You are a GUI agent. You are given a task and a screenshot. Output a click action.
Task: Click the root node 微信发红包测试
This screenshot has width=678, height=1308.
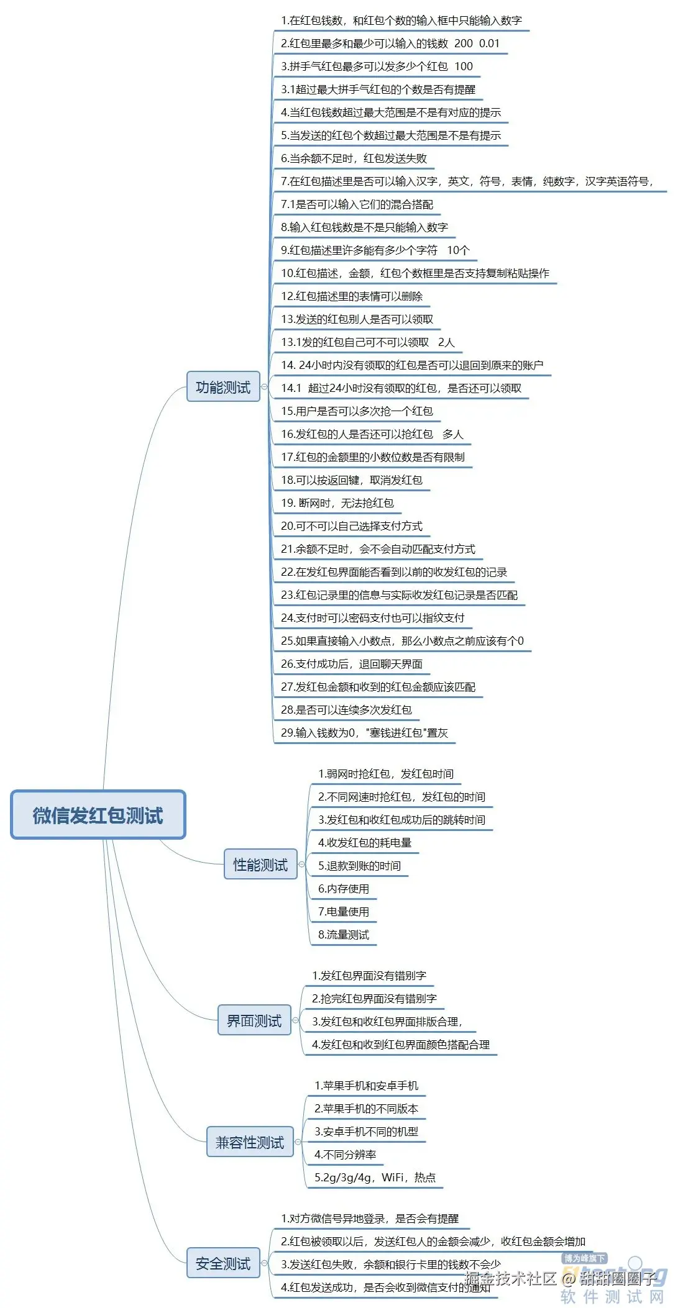[x=98, y=814]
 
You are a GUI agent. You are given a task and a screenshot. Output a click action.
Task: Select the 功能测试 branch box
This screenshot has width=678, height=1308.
[x=223, y=387]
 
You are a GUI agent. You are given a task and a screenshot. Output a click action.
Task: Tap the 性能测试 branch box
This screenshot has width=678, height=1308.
[x=260, y=865]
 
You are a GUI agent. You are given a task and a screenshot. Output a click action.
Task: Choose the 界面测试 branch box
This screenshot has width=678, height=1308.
[x=254, y=1020]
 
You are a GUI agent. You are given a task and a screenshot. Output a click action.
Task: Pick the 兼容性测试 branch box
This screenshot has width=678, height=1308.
[x=250, y=1142]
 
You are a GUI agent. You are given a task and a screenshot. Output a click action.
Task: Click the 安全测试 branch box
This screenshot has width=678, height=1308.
[x=223, y=1263]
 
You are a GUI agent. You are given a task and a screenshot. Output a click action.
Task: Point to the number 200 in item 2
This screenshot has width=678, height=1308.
[x=464, y=43]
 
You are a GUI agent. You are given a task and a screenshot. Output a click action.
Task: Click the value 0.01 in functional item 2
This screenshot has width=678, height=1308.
[x=489, y=43]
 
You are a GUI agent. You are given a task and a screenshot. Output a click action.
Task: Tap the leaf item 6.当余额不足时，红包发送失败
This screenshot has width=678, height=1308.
[x=354, y=158]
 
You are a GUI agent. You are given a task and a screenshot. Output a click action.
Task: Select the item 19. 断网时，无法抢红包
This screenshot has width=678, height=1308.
[x=337, y=503]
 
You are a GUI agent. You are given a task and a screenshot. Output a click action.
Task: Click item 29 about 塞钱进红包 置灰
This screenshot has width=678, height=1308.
[x=364, y=733]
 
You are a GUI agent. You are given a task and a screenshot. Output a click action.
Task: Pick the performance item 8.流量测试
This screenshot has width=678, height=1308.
[x=344, y=935]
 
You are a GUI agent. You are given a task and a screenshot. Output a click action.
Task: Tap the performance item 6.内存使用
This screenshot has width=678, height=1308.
[x=344, y=889]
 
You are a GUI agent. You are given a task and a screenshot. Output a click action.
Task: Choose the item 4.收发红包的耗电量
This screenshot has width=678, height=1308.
[x=365, y=843]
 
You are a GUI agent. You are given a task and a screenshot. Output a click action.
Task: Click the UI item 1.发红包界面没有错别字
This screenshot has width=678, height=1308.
[x=369, y=976]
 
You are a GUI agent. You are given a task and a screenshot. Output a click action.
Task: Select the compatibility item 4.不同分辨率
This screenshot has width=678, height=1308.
[x=345, y=1155]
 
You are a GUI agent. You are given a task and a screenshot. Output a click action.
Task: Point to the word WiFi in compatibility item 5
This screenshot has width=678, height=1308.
[x=393, y=1178]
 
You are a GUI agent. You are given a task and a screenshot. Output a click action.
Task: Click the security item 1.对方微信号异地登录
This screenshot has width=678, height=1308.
[x=369, y=1219]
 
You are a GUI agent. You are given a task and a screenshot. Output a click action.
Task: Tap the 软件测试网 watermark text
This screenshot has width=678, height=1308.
[x=612, y=1296]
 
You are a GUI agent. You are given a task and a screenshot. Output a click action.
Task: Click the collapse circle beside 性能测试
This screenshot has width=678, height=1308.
[x=301, y=865]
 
